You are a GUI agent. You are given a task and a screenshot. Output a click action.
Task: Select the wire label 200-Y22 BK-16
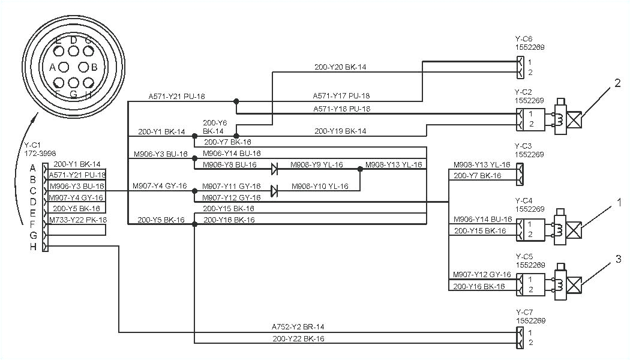pos(298,339)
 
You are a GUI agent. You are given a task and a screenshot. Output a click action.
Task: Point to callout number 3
pos(617,259)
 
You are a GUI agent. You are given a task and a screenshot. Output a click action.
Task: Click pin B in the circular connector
pos(94,67)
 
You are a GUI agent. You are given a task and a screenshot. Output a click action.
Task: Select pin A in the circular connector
pos(53,67)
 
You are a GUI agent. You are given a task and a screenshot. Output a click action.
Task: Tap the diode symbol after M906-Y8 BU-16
pos(274,169)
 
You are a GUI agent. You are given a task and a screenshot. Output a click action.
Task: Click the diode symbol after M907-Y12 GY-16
pos(274,191)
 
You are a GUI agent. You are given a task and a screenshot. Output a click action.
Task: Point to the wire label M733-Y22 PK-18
pos(78,220)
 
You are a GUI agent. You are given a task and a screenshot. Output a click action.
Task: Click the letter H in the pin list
pos(33,247)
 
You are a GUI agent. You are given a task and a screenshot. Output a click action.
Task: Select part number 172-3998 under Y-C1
pos(38,154)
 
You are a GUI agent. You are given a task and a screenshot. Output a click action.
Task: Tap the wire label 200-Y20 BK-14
pos(340,67)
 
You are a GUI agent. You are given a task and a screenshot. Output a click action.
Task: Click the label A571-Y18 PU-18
pos(341,109)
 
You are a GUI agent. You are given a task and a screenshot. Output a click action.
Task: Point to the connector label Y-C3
pos(523,146)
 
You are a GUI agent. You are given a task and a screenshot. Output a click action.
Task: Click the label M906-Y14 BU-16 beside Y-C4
pos(482,220)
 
